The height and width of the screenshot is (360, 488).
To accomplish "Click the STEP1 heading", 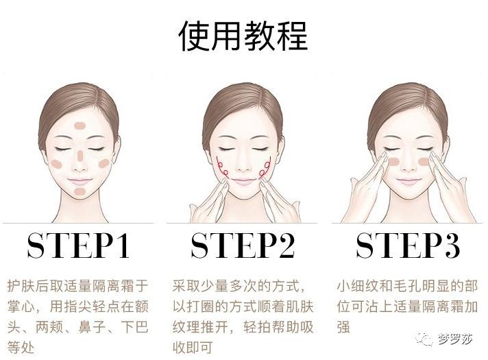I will (x=78, y=245).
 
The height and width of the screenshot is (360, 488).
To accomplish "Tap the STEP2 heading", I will (x=243, y=245).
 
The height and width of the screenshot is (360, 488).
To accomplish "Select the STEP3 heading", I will (x=408, y=245).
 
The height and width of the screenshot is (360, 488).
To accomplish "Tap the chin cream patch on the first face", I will (x=80, y=191).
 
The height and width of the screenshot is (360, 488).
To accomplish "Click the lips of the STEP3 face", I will (x=408, y=181).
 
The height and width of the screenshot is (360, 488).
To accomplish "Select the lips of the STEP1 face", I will (x=80, y=180).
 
